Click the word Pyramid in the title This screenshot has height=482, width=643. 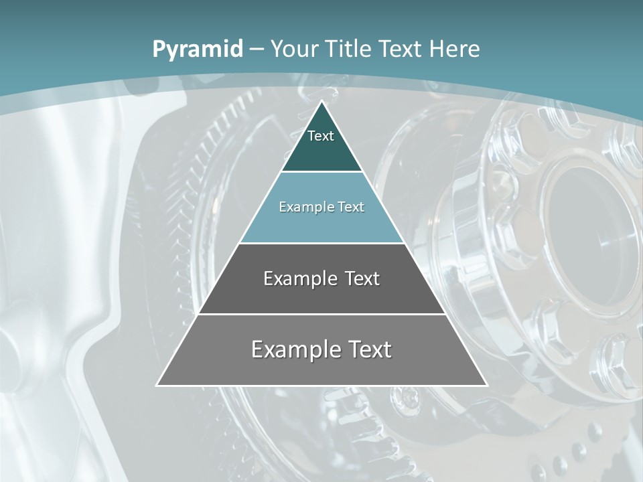coord(198,50)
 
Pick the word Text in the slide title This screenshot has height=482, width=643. coord(401,49)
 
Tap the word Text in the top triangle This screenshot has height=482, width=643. coord(321,136)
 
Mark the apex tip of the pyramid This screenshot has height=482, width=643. coord(321,102)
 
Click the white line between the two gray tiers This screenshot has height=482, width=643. coord(321,314)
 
